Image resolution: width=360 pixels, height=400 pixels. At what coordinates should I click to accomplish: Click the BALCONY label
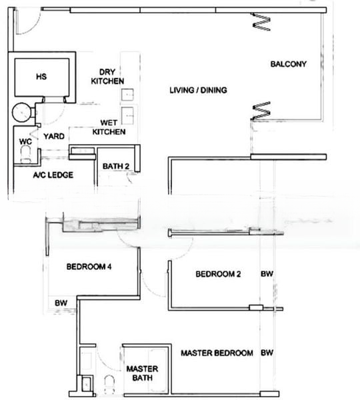pyautogui.click(x=288, y=64)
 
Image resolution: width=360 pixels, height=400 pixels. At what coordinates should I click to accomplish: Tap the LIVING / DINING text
pyautogui.click(x=198, y=90)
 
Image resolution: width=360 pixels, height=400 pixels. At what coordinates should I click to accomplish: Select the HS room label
pyautogui.click(x=41, y=76)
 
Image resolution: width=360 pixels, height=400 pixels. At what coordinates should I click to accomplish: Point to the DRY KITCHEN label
pyautogui.click(x=107, y=77)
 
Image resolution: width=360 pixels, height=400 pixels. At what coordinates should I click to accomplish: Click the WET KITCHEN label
pyautogui.click(x=109, y=127)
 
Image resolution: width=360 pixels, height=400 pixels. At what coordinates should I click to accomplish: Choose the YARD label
pyautogui.click(x=54, y=137)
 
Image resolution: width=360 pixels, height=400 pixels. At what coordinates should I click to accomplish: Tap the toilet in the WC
pyautogui.click(x=25, y=155)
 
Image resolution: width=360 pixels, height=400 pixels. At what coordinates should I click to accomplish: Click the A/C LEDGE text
pyautogui.click(x=53, y=175)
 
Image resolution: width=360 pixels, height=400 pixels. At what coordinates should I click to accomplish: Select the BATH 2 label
pyautogui.click(x=116, y=166)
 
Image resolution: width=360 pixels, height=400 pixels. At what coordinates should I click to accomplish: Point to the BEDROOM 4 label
pyautogui.click(x=89, y=267)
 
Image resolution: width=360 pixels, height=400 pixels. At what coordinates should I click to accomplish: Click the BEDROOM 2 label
pyautogui.click(x=218, y=274)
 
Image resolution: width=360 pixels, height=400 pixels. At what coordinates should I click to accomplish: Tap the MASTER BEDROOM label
pyautogui.click(x=217, y=353)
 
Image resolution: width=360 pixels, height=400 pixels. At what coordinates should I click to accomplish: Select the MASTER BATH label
pyautogui.click(x=142, y=373)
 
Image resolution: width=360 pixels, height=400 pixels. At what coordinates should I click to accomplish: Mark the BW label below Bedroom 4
pyautogui.click(x=61, y=303)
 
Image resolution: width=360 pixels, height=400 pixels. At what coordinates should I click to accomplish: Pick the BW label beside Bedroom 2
pyautogui.click(x=267, y=274)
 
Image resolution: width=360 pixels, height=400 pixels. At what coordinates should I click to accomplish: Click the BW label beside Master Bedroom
pyautogui.click(x=267, y=353)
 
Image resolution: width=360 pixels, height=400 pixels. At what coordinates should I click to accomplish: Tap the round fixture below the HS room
pyautogui.click(x=22, y=113)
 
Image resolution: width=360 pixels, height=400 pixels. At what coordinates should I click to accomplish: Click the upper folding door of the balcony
pyautogui.click(x=261, y=22)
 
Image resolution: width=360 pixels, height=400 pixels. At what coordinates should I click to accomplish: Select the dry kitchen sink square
pyautogui.click(x=127, y=95)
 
